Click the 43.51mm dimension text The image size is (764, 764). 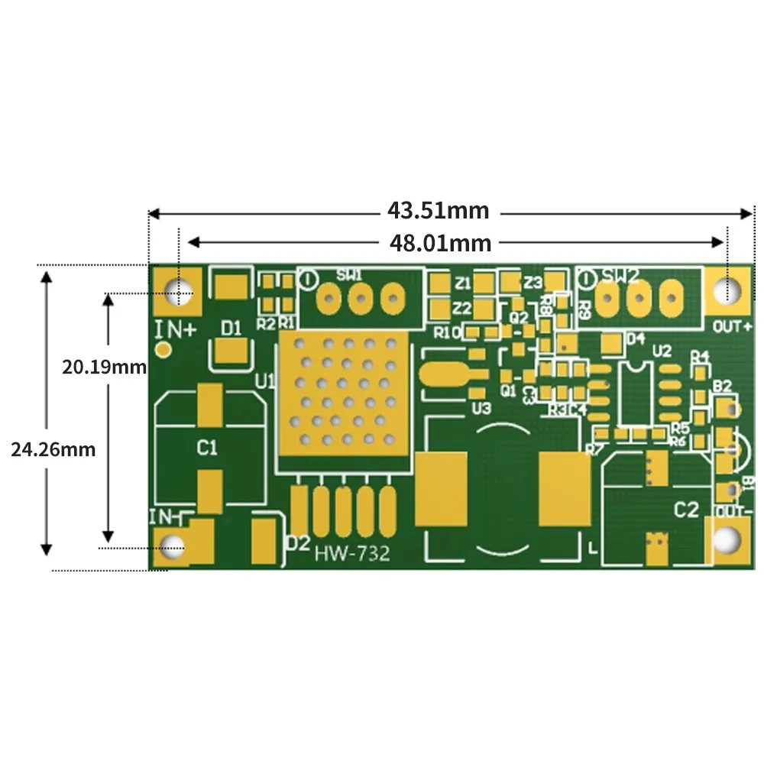(x=439, y=209)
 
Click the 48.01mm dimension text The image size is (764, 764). (x=441, y=243)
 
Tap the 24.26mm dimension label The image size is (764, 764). (x=53, y=450)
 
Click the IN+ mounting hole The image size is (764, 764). (x=180, y=292)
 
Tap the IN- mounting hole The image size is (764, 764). (x=174, y=545)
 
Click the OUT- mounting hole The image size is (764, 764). (x=727, y=540)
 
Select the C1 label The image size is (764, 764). (x=208, y=447)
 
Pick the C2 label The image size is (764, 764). (x=685, y=510)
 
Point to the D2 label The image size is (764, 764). (x=298, y=543)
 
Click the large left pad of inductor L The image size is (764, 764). (x=441, y=489)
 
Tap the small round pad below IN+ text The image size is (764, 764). (x=163, y=350)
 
